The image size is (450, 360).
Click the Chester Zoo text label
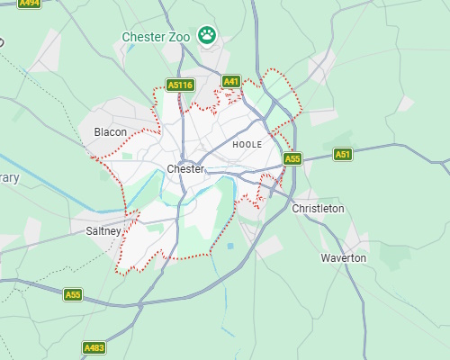[x=156, y=37]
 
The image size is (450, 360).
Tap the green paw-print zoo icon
[x=208, y=36]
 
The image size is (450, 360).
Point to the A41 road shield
[x=231, y=81]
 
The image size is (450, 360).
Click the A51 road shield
[x=343, y=155]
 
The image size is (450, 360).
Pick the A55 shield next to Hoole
[x=292, y=159]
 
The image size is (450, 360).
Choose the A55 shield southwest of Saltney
[x=73, y=294]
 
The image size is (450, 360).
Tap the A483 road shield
[x=94, y=347]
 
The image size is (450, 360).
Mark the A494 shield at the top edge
[x=30, y=4]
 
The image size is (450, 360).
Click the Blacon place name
[x=110, y=132]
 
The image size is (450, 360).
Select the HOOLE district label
[x=247, y=144]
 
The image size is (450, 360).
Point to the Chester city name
[x=185, y=169]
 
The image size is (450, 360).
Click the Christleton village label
[x=318, y=209]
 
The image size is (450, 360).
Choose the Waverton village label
[x=344, y=258]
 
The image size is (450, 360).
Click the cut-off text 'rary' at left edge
[x=9, y=178]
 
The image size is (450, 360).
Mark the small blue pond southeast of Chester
[x=231, y=246]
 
